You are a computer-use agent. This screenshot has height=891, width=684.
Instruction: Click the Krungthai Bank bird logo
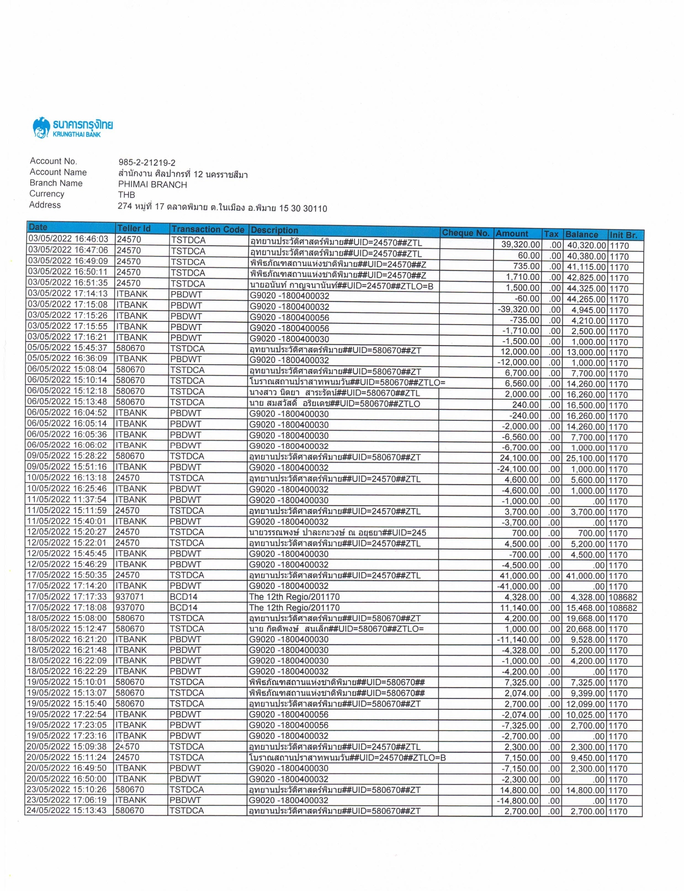click(41, 128)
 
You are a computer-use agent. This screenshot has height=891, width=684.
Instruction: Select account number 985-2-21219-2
click(147, 162)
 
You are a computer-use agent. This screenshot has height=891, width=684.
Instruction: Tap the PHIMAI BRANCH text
click(152, 184)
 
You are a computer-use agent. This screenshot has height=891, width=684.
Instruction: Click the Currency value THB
click(126, 194)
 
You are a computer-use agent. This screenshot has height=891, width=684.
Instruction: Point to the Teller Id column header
click(134, 228)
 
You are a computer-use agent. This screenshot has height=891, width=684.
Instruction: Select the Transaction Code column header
click(208, 229)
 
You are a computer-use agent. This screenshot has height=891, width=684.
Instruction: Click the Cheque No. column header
click(465, 232)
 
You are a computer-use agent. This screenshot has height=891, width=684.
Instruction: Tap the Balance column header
click(581, 234)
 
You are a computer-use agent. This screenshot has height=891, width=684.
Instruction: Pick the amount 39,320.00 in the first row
click(520, 245)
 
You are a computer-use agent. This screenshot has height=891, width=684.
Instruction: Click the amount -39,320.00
click(518, 309)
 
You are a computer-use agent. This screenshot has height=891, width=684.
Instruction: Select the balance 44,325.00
click(586, 288)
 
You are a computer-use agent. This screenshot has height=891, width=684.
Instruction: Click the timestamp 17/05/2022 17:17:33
click(67, 597)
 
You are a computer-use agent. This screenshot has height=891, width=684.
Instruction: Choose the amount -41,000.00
click(518, 586)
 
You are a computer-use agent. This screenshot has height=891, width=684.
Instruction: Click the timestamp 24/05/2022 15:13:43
click(67, 810)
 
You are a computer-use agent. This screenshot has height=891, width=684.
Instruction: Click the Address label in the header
click(45, 205)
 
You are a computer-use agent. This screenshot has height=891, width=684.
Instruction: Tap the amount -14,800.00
click(518, 800)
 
